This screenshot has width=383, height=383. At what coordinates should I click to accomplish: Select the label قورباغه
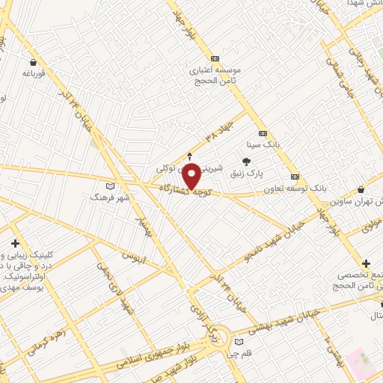[x=34, y=74]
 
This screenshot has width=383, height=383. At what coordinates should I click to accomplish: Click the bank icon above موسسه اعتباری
[x=215, y=58]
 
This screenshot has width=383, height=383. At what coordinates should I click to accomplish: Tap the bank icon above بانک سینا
[x=262, y=133]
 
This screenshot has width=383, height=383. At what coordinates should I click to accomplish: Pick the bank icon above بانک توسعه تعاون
[x=295, y=177]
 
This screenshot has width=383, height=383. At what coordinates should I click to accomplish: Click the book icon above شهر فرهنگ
[x=111, y=186]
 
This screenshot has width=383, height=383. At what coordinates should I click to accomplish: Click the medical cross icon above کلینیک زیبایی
[x=15, y=244]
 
